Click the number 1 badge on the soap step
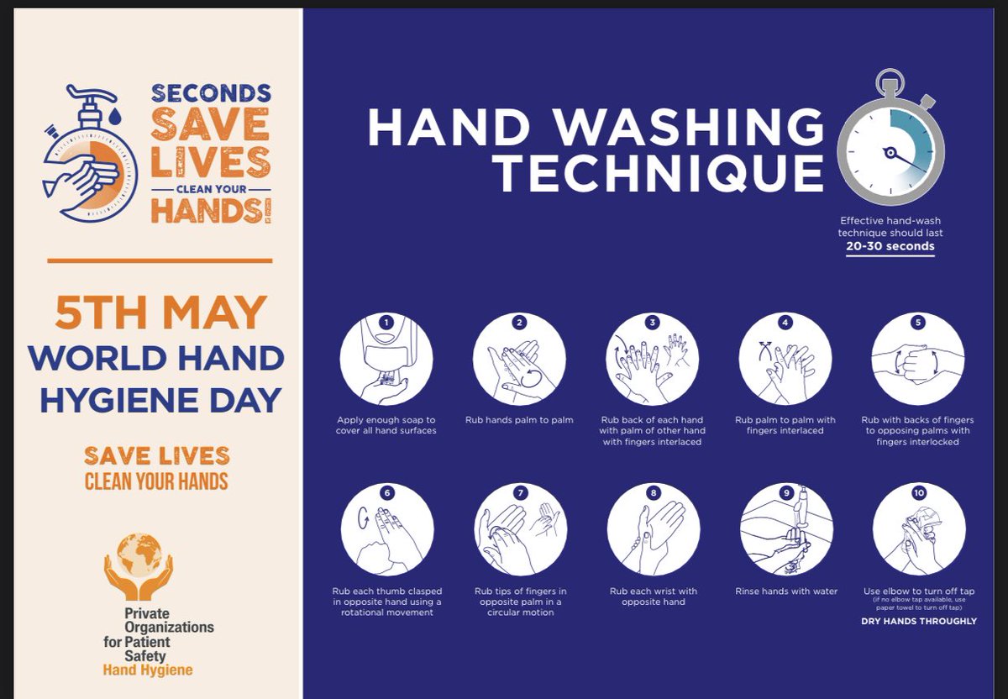pos(386,323)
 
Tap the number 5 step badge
pos(918,323)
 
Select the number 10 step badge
pos(919,493)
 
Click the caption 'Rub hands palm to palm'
pos(519,420)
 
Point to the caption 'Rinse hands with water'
pos(786,591)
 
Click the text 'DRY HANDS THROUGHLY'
pos(919,621)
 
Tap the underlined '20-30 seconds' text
pos(890,246)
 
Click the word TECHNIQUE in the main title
pos(658,173)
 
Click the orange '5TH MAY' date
pos(160,312)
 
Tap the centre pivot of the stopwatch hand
pos(890,153)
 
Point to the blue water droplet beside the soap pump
pos(115,116)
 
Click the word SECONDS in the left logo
pos(211,93)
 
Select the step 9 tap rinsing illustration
pos(786,529)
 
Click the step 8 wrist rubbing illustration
pos(654,529)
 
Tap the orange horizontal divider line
pos(160,260)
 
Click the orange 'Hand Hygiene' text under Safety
pos(148,670)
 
